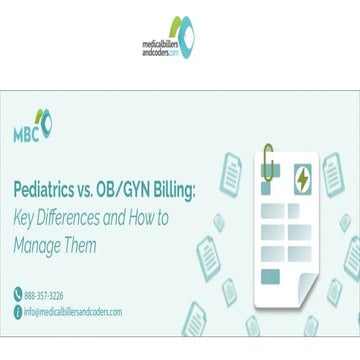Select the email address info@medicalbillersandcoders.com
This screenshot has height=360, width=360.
coord(72,311)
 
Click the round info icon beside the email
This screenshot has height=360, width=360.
coord(17,311)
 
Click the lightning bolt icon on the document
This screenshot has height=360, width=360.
coord(301,180)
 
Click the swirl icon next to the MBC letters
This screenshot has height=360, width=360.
coord(45,121)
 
